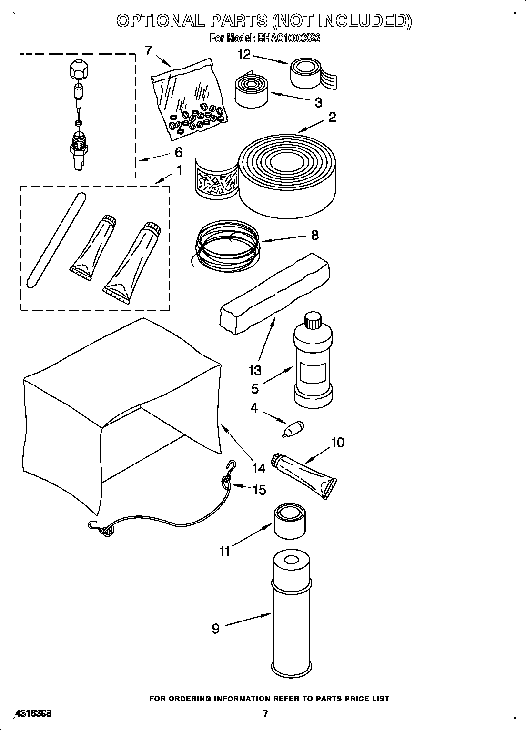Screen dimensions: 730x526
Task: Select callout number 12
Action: [243, 55]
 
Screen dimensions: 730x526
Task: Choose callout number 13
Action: [255, 370]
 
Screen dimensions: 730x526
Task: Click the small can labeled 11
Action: [290, 522]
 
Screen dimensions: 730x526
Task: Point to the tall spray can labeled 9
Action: [292, 614]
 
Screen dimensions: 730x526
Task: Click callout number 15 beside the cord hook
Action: [259, 490]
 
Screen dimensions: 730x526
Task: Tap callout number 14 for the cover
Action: [258, 468]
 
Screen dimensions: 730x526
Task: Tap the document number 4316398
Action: [33, 713]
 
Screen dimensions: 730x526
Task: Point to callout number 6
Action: [178, 152]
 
